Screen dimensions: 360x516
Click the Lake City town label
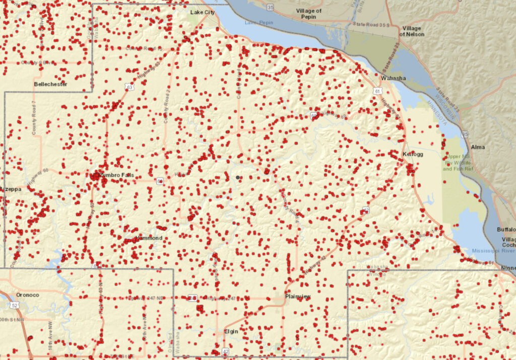[x=203, y=12]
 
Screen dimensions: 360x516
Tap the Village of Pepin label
[x=309, y=14]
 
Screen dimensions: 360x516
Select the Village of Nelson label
[x=412, y=31]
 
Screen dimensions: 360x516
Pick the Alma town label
[x=478, y=147]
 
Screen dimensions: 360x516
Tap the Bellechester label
[x=50, y=84]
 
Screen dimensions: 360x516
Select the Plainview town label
[x=298, y=297]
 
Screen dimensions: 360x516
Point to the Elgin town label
[x=231, y=331]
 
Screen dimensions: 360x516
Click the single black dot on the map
[x=238, y=177]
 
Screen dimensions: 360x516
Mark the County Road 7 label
[x=34, y=118]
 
